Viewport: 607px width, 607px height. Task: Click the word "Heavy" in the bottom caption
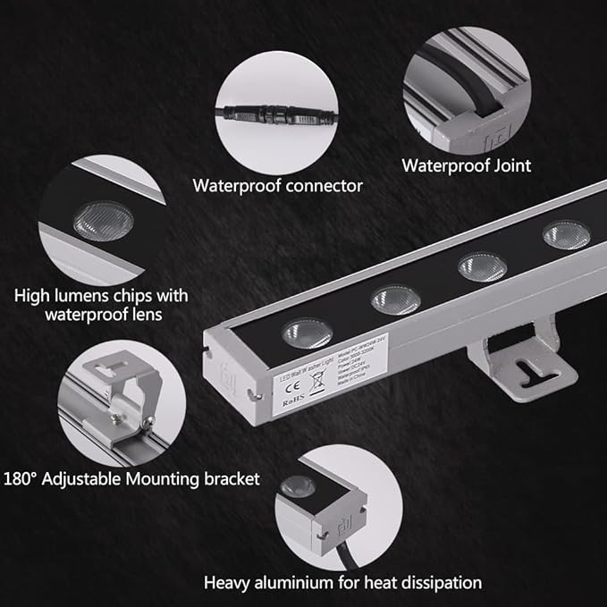tap(228, 583)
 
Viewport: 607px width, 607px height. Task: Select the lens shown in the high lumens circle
tap(103, 220)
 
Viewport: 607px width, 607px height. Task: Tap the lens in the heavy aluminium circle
tap(298, 487)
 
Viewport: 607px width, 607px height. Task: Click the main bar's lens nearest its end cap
tap(308, 333)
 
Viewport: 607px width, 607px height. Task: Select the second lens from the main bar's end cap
tap(396, 299)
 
